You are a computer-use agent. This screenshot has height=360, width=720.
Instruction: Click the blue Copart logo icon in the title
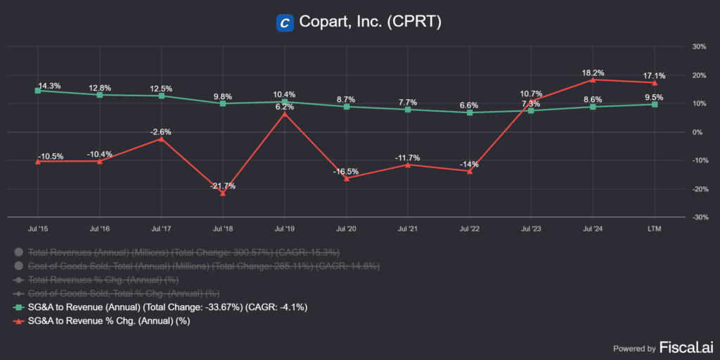(285, 22)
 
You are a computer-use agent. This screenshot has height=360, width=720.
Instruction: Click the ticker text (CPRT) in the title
(416, 22)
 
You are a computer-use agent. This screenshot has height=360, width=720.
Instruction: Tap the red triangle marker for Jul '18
(223, 193)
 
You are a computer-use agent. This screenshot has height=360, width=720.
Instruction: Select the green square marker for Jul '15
(38, 91)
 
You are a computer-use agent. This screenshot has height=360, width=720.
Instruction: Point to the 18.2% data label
(593, 72)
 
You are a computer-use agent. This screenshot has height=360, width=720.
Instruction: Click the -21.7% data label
(223, 186)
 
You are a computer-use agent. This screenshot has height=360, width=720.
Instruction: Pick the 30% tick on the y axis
(699, 46)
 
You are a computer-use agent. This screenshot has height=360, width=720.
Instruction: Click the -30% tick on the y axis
(698, 217)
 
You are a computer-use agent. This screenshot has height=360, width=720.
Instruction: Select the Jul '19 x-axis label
(285, 229)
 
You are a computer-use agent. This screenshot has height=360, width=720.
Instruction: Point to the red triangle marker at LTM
(655, 82)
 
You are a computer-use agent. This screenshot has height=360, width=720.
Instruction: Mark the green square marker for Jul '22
(470, 112)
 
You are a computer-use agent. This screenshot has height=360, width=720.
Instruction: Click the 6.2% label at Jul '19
(285, 107)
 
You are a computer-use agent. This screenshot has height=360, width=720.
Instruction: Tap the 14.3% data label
(49, 85)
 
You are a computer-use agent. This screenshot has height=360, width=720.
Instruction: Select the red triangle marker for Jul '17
(162, 139)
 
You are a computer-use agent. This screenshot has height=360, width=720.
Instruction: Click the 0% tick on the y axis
(699, 132)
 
